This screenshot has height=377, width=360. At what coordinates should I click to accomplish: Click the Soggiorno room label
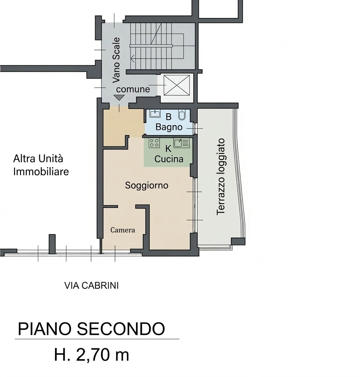point(146,185)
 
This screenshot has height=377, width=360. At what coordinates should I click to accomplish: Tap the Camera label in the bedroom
point(122,230)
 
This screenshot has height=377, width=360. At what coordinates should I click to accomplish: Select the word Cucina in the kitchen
point(169,159)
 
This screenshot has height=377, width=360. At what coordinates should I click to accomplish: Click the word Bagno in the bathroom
point(169,127)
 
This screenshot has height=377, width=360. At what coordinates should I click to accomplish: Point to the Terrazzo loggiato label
point(221,176)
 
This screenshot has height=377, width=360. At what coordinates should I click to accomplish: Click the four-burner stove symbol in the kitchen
point(154,143)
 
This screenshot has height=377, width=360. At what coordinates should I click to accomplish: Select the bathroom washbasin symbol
point(155,114)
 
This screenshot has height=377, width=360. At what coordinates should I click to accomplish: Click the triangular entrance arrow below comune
point(118,97)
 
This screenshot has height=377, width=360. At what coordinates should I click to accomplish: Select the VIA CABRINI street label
point(91,286)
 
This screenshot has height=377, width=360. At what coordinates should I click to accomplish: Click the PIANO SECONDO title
point(91,328)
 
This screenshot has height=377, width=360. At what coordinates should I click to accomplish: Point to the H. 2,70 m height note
point(91,355)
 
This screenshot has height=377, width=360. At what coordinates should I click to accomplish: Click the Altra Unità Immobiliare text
point(41,165)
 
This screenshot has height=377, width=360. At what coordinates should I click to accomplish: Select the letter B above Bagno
point(169,117)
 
